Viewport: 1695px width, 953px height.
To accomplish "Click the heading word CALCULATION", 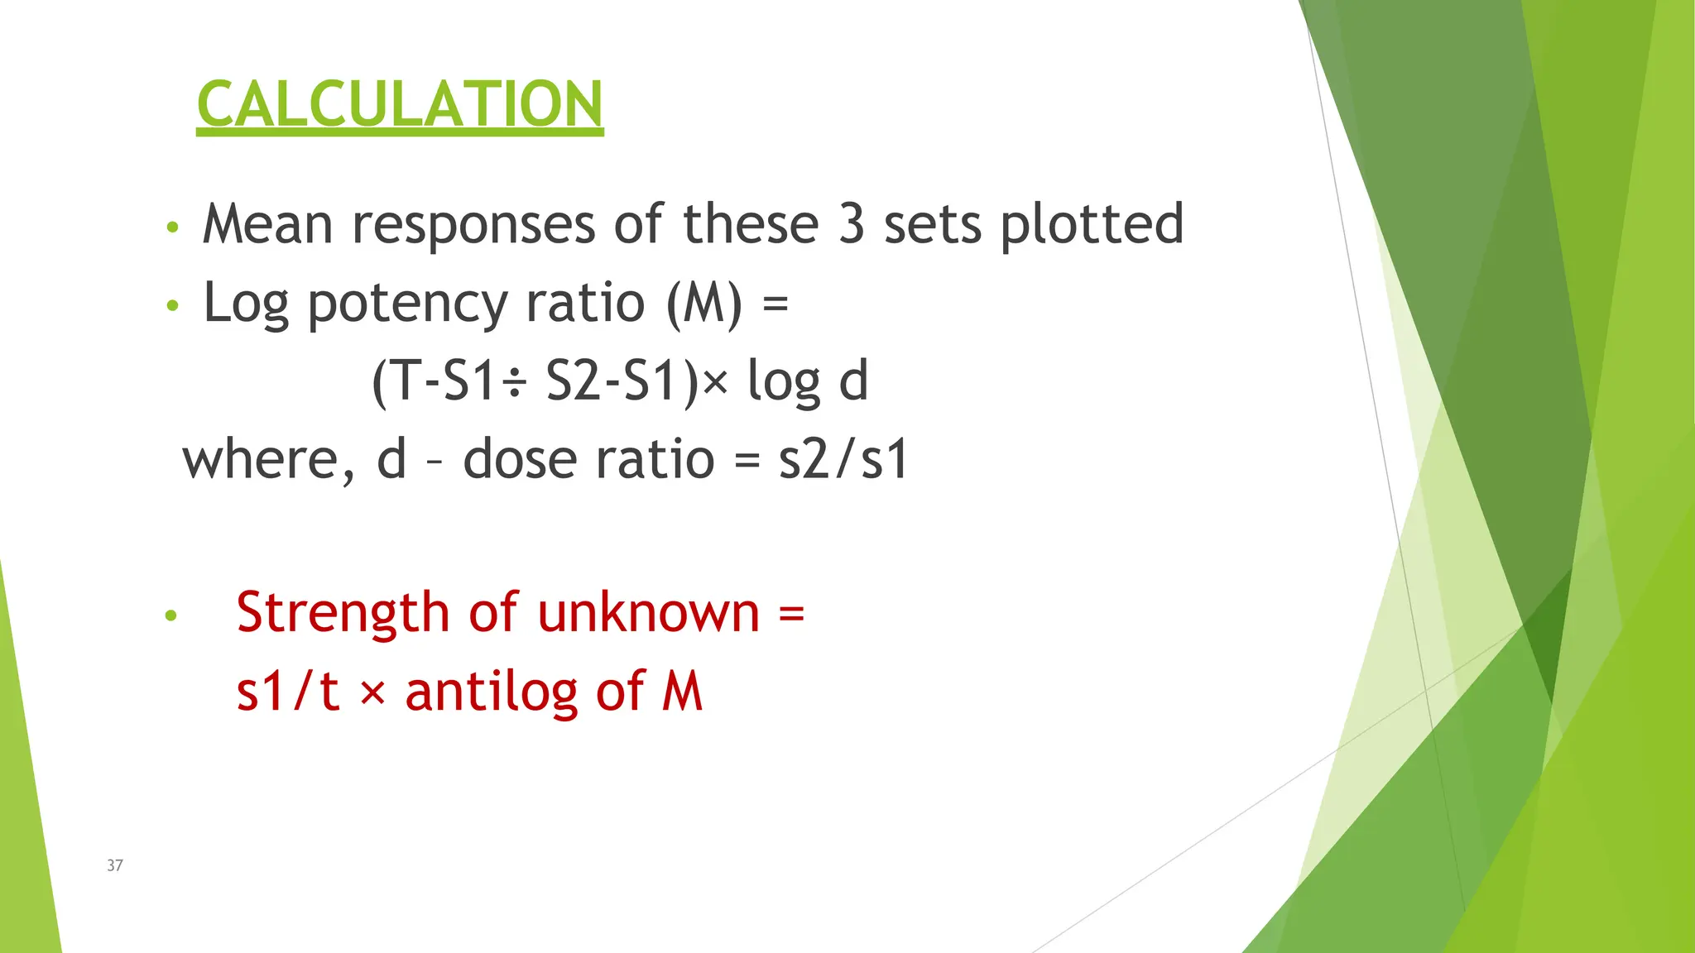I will [x=400, y=104].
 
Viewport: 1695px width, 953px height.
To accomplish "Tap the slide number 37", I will [x=115, y=865].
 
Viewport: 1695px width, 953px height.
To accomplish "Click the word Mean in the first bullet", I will [x=267, y=224].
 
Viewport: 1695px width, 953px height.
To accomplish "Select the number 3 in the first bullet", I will [x=852, y=224].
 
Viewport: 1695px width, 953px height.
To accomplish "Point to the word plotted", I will [x=1092, y=226].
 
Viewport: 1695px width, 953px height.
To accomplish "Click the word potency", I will [x=407, y=304].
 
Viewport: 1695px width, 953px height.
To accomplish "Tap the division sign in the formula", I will [x=515, y=383].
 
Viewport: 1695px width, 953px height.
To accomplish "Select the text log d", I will [x=808, y=382].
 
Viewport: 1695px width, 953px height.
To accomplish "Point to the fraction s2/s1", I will [x=843, y=460].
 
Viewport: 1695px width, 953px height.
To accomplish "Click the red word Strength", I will [x=343, y=614].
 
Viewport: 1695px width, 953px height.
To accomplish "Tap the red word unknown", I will [x=648, y=613].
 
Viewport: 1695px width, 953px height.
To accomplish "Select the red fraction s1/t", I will [x=288, y=692].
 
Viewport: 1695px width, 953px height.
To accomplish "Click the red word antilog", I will [x=492, y=692].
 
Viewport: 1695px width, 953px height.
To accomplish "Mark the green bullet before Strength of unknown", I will [x=171, y=615].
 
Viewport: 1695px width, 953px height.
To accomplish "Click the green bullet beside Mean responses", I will [x=172, y=227].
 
